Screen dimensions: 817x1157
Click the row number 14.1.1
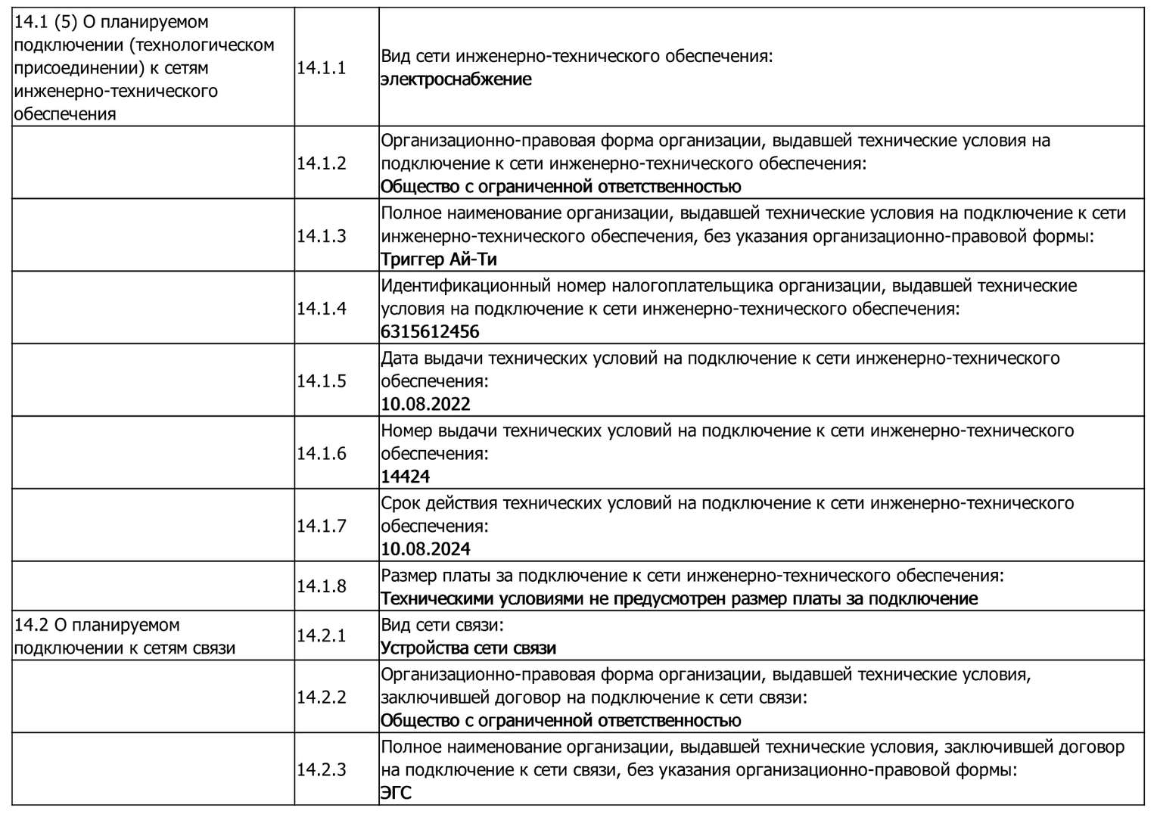pos(321,68)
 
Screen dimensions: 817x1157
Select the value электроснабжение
pos(456,79)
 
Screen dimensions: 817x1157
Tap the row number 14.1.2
pos(321,163)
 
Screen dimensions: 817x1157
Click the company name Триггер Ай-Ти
pos(438,259)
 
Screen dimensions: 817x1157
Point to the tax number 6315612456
pos(430,332)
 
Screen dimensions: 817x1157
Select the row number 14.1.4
pos(321,309)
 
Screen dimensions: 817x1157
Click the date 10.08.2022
pos(425,404)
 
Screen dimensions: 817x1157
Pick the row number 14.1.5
pos(321,381)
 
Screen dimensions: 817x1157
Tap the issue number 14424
pos(405,477)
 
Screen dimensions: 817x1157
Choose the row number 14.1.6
pos(321,454)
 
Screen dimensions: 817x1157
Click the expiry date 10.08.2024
pos(425,549)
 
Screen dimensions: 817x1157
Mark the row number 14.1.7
pos(321,527)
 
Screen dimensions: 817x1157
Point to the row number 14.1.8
pos(321,586)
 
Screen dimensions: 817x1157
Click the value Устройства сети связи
pos(468,648)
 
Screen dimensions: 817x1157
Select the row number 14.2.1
pos(321,636)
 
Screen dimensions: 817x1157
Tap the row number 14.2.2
pos(321,697)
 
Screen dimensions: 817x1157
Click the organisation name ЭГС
pos(396,794)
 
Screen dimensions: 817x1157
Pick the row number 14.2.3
pos(321,770)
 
